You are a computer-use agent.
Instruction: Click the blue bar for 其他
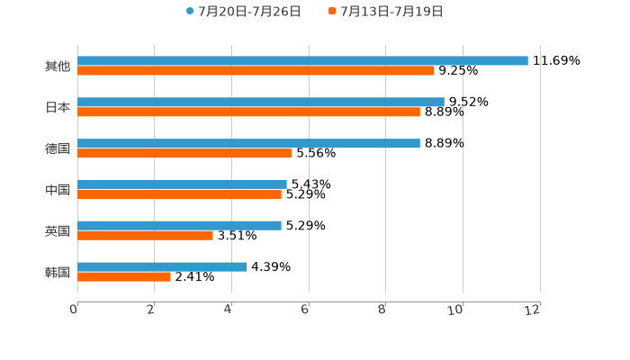click(x=302, y=60)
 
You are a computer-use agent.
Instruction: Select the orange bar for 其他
click(x=256, y=70)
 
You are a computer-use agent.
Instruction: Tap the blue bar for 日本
click(x=261, y=102)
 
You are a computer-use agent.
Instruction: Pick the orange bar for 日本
click(x=248, y=112)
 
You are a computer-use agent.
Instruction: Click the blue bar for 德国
click(x=248, y=143)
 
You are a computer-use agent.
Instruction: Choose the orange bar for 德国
click(x=184, y=153)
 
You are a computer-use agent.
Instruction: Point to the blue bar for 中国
click(x=182, y=184)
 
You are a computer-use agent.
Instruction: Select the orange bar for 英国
click(x=145, y=235)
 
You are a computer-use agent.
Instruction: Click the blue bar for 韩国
click(x=162, y=266)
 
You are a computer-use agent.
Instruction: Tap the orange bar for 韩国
click(x=124, y=276)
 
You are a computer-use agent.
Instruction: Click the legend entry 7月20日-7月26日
click(x=243, y=12)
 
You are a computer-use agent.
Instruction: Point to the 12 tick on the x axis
click(x=533, y=310)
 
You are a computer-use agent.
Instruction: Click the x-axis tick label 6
click(x=305, y=310)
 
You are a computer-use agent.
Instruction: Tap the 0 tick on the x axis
click(x=74, y=310)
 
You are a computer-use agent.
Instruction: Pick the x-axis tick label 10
click(x=455, y=310)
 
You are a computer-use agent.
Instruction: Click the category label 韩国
click(x=57, y=272)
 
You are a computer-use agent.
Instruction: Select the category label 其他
click(x=57, y=66)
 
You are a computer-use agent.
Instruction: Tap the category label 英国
click(x=57, y=230)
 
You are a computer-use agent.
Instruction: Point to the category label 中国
click(x=57, y=189)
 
